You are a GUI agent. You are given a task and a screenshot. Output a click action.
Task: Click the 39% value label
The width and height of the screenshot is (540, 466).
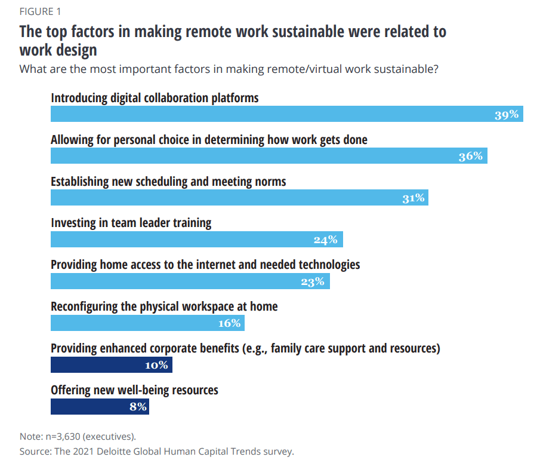(507, 115)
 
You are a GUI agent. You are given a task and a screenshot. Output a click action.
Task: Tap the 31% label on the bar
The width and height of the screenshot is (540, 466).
(413, 198)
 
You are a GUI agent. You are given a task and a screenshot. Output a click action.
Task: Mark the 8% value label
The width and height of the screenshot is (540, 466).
(138, 407)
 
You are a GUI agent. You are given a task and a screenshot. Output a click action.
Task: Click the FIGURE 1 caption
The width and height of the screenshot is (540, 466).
(40, 11)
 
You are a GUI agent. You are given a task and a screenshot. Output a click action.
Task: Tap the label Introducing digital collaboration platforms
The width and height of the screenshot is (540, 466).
(155, 97)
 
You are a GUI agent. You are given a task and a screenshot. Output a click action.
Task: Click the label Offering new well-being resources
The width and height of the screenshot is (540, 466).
(134, 390)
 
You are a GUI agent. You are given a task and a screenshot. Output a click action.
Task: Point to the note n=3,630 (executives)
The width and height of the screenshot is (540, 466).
(82, 436)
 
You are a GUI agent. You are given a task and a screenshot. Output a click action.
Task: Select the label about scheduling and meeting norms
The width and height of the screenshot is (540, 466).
(168, 181)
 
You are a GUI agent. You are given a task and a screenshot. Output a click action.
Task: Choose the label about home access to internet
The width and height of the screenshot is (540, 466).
(205, 264)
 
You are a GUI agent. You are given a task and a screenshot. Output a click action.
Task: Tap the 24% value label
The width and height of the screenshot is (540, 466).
(326, 240)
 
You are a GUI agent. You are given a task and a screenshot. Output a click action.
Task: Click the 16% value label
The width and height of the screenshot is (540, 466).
(229, 323)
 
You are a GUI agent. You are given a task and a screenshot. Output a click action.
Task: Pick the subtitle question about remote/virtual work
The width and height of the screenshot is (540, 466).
(229, 68)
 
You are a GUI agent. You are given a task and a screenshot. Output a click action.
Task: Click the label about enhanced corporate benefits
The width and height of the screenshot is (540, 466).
(245, 348)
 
